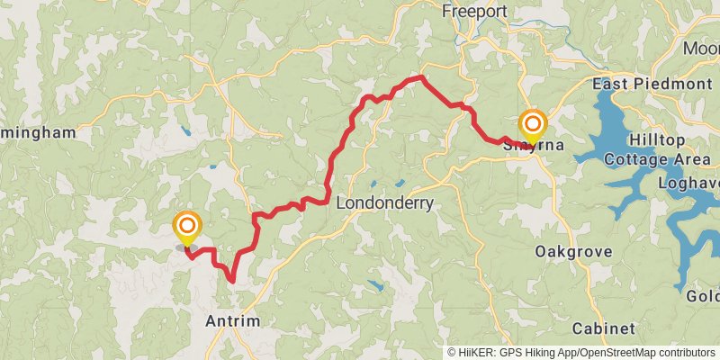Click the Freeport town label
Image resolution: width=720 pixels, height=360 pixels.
pyautogui.click(x=475, y=12)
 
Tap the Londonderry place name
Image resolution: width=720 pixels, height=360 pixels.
pyautogui.click(x=384, y=203)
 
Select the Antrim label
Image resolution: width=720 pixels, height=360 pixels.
pyautogui.click(x=232, y=321)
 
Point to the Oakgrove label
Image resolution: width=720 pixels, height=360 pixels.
pyautogui.click(x=573, y=251)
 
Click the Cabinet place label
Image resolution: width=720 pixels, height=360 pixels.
pyautogui.click(x=603, y=328)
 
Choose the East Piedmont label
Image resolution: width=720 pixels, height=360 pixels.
pyautogui.click(x=652, y=84)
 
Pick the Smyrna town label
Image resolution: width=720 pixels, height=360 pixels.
pyautogui.click(x=533, y=144)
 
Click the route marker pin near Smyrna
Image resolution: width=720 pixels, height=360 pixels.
pyautogui.click(x=533, y=124)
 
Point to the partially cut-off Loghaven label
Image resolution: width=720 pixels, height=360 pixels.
pyautogui.click(x=689, y=182)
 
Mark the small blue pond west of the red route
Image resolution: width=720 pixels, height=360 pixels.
pyautogui.click(x=186, y=131)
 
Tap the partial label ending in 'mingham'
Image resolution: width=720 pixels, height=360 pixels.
pyautogui.click(x=38, y=132)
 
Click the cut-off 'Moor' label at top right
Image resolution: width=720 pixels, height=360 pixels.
pyautogui.click(x=702, y=48)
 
